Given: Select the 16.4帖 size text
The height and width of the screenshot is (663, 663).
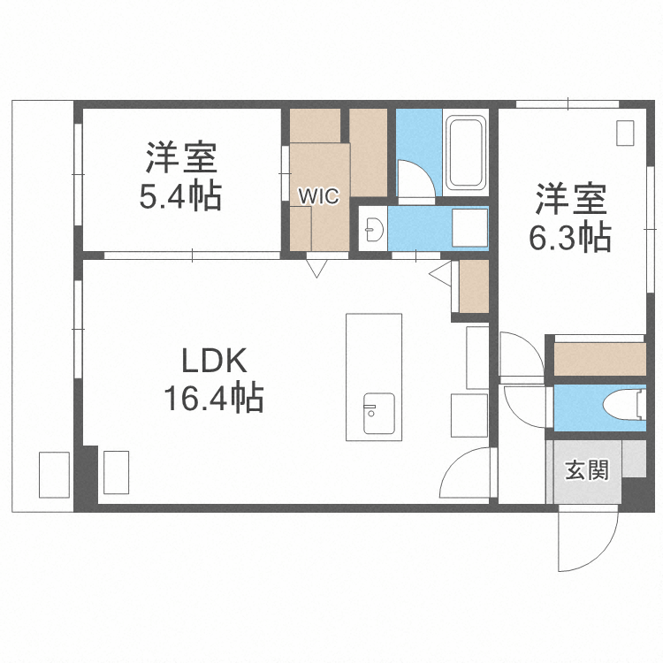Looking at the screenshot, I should [212, 400].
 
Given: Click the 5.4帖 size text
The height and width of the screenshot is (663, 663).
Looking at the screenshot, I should [180, 195].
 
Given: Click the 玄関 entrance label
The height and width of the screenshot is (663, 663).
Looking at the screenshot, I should [586, 470].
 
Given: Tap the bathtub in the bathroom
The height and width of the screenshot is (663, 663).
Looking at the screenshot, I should [467, 152].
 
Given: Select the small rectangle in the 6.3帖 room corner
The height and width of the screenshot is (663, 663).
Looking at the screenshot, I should [625, 133].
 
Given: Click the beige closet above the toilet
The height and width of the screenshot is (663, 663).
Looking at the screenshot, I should [600, 358].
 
